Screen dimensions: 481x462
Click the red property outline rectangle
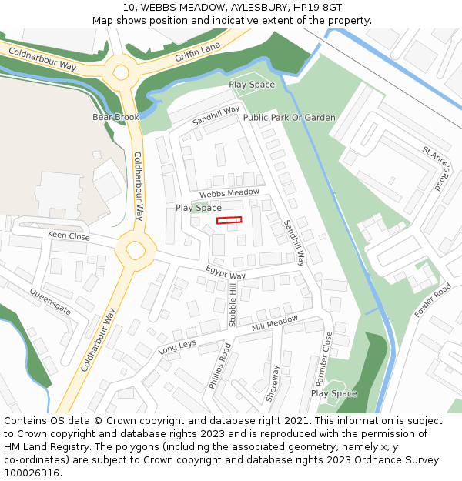(x=229, y=221)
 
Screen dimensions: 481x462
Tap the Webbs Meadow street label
(x=229, y=192)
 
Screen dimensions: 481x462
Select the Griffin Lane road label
(x=197, y=52)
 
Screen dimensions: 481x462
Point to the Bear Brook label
(x=115, y=117)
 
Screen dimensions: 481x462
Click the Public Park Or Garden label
(x=289, y=118)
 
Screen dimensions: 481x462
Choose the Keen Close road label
(x=69, y=235)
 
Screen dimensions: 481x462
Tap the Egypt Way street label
(x=226, y=272)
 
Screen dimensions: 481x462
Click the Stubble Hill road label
(x=233, y=305)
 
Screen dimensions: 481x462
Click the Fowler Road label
(x=433, y=301)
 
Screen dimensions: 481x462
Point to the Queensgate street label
(x=51, y=302)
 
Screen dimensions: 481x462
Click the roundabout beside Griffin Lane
(x=121, y=72)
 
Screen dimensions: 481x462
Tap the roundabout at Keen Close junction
(x=136, y=249)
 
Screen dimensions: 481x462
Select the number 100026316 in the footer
(x=33, y=473)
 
